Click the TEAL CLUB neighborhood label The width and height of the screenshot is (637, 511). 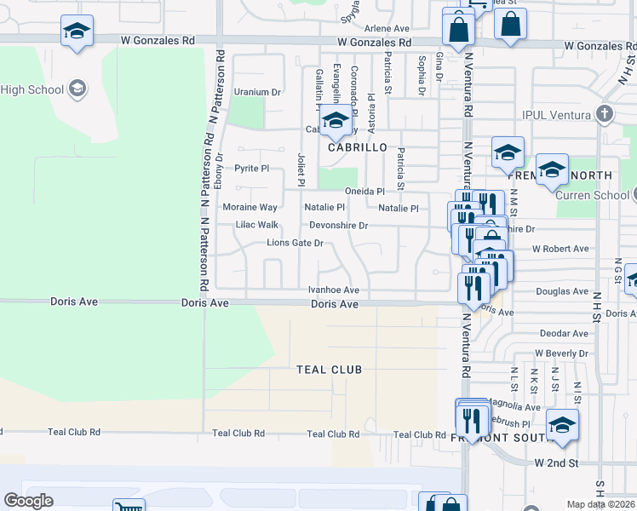(x=329, y=370)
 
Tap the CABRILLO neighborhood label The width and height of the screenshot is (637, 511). (x=352, y=146)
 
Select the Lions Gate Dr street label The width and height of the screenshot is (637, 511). (x=296, y=243)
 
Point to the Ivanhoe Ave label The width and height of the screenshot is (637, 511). (x=333, y=290)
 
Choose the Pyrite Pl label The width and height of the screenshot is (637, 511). (x=251, y=169)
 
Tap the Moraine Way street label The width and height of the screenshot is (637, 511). (x=250, y=207)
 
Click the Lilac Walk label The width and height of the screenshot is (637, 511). (x=256, y=226)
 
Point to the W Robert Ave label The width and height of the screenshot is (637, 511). (x=560, y=249)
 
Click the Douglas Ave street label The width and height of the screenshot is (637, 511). (x=563, y=291)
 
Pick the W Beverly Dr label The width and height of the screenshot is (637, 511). (x=561, y=353)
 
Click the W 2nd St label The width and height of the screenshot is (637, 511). (x=556, y=462)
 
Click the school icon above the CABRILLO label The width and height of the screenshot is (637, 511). (x=336, y=120)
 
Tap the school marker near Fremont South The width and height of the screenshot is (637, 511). (x=562, y=425)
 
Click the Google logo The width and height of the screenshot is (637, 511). (x=29, y=501)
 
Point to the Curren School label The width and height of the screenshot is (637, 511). (x=592, y=195)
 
